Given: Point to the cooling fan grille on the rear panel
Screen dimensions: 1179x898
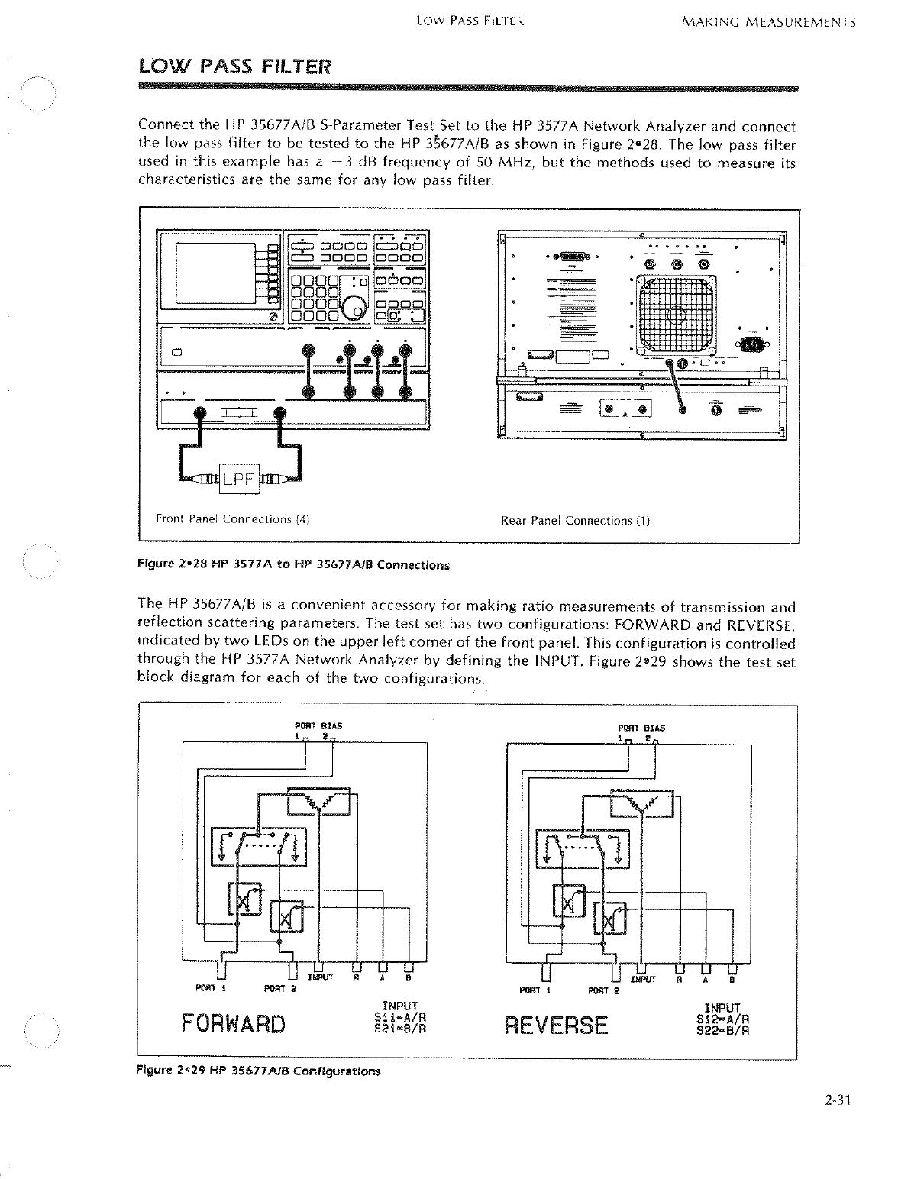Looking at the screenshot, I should point(677,311).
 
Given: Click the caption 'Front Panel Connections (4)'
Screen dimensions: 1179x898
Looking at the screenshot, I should point(232,520).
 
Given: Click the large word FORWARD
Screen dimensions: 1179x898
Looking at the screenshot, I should point(233,1023).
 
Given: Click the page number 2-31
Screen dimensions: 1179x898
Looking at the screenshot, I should point(837,1100).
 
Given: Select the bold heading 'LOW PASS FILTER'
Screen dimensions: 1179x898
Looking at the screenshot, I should point(234,66).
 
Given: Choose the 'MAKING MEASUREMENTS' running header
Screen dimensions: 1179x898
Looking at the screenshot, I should point(767,22).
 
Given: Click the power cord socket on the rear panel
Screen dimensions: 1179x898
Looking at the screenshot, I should point(750,344).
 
